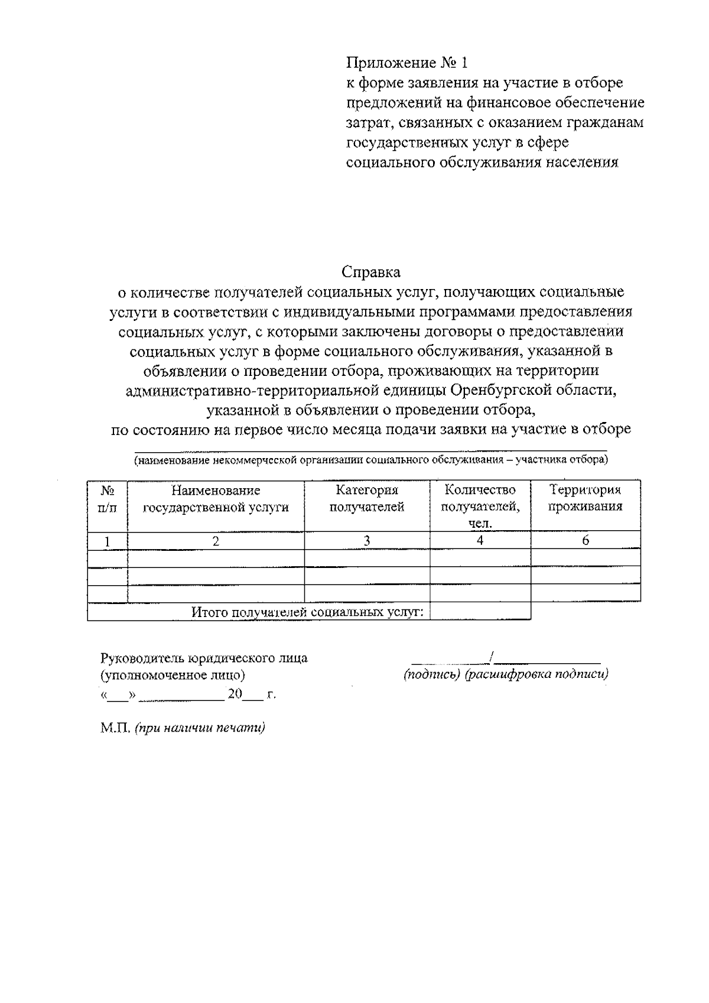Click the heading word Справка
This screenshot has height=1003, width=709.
pyautogui.click(x=370, y=272)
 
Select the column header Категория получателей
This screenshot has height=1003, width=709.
pyautogui.click(x=367, y=498)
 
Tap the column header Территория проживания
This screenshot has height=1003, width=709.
pyautogui.click(x=585, y=498)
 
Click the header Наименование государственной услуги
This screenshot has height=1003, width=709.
pyautogui.click(x=216, y=498)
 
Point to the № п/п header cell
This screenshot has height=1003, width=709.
pyautogui.click(x=107, y=498)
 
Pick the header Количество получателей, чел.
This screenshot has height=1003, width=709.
pyautogui.click(x=480, y=506)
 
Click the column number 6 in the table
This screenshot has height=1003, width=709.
pyautogui.click(x=586, y=540)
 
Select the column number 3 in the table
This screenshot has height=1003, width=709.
pyautogui.click(x=367, y=540)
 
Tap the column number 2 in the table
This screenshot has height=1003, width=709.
pyautogui.click(x=216, y=540)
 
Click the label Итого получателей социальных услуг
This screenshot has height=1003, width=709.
pyautogui.click(x=307, y=612)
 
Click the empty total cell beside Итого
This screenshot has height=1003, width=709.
pyautogui.click(x=480, y=611)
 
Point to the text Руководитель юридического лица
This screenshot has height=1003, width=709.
pyautogui.click(x=204, y=658)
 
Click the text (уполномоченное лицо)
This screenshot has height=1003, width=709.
pyautogui.click(x=173, y=674)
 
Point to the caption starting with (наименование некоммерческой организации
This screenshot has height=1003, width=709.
pyautogui.click(x=370, y=459)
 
